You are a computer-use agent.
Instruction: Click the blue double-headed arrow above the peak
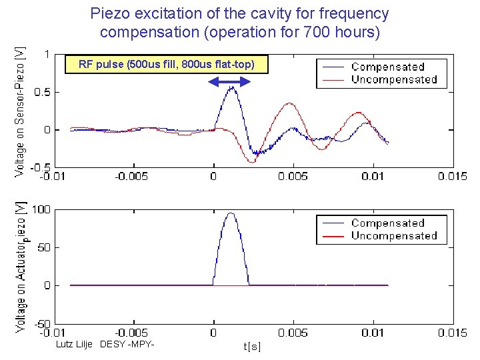click(229, 81)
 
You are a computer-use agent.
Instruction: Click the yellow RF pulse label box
click(165, 65)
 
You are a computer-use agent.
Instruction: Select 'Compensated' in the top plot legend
click(387, 67)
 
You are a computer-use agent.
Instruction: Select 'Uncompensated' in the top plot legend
click(394, 79)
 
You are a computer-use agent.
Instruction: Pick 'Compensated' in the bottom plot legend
click(387, 223)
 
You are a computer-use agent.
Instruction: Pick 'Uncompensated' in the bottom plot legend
click(394, 236)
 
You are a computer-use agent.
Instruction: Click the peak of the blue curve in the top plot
click(231, 87)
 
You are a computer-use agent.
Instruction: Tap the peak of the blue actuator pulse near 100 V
click(231, 213)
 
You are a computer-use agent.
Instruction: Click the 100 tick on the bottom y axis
click(41, 209)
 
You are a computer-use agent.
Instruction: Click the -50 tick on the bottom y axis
click(41, 323)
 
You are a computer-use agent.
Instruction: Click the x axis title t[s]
click(253, 346)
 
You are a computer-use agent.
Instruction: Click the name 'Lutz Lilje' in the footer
click(73, 344)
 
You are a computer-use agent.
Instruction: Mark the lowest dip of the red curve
click(252, 162)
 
